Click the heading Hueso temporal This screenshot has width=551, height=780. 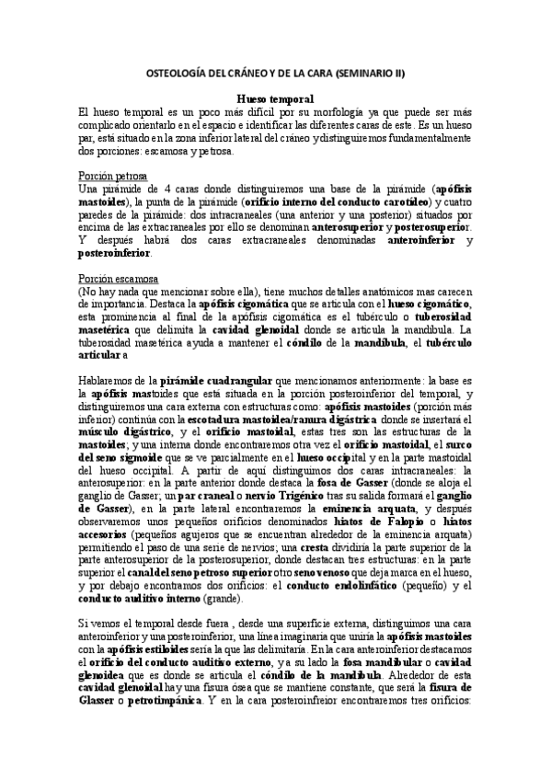[x=275, y=98]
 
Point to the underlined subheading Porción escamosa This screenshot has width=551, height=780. [x=119, y=277]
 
